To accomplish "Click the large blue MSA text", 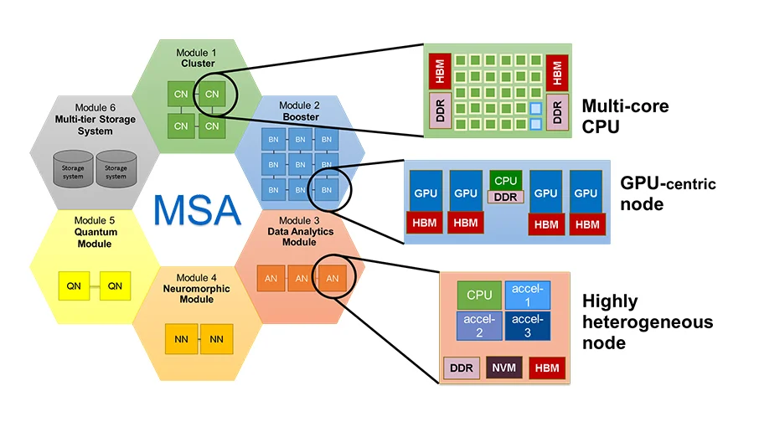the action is click(197, 210).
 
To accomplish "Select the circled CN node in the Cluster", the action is click(212, 94).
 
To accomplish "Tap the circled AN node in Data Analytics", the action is click(332, 278).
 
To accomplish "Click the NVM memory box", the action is click(503, 368).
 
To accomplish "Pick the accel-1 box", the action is click(528, 295).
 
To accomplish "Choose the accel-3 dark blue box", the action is click(528, 326).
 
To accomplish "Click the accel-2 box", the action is click(479, 326).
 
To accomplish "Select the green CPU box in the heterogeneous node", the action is click(479, 295).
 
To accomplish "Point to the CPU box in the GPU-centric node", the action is click(506, 180).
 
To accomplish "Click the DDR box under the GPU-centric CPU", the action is click(506, 197).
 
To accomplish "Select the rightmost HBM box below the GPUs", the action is click(587, 224).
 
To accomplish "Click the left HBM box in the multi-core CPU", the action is click(440, 71).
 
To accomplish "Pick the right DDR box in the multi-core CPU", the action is click(557, 112).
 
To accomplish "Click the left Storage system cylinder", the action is click(73, 169).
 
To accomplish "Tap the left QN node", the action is click(74, 286).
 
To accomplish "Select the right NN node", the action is click(216, 339).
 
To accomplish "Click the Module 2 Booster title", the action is click(300, 111).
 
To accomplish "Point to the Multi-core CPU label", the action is click(626, 116).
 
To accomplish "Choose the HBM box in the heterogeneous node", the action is click(547, 368).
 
